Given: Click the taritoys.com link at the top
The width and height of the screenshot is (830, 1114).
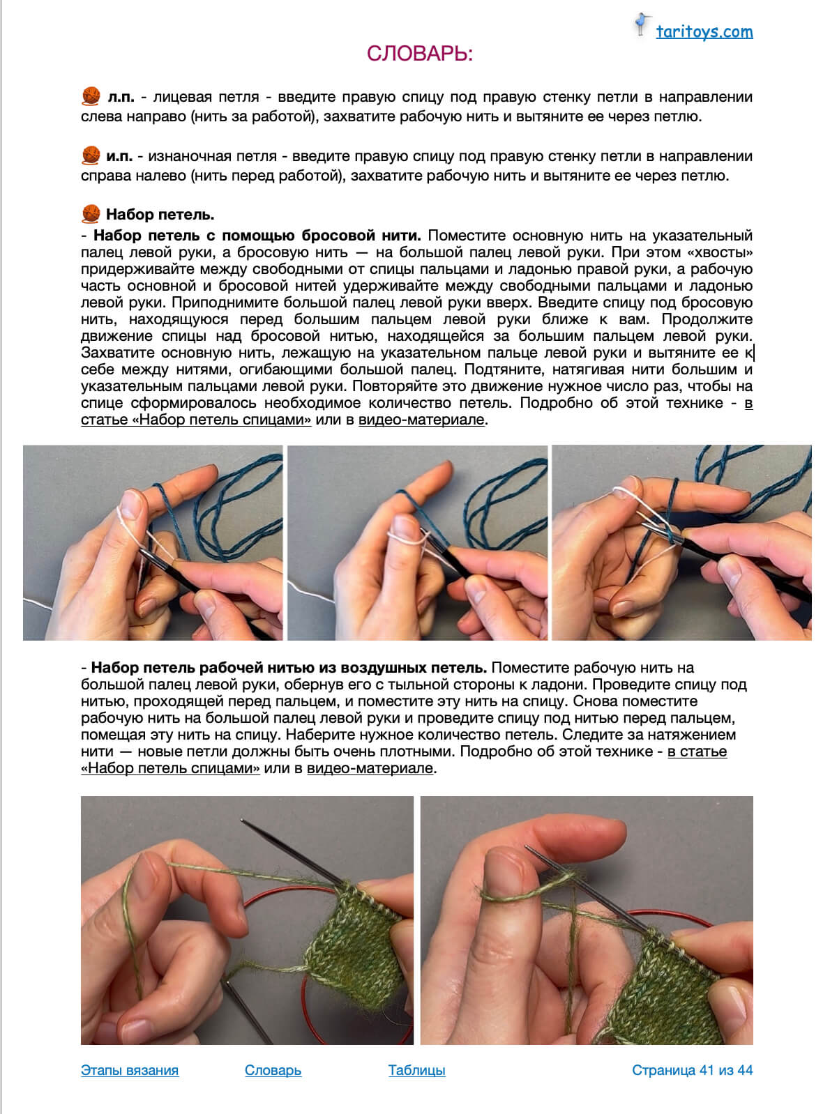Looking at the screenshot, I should point(704,31).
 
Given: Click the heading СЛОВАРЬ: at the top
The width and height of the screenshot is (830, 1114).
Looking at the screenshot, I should point(420,54).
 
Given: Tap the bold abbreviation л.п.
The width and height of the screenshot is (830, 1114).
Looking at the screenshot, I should point(121,97).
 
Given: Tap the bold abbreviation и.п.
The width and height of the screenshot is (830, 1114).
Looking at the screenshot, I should point(119,156).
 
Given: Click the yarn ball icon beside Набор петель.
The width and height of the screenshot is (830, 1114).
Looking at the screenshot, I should point(91,214).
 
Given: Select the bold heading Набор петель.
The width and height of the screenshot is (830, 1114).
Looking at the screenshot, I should point(160,215).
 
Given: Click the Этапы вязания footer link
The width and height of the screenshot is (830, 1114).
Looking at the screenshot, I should point(130,1070).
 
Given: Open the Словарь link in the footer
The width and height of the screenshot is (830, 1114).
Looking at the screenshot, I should point(273,1070).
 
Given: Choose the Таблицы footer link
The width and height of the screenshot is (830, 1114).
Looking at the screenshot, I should point(416,1070).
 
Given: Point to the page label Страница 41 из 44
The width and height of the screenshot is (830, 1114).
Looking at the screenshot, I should point(692,1070).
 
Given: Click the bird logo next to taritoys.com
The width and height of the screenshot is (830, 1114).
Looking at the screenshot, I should point(641,24).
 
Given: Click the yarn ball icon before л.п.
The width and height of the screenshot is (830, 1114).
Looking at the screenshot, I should point(91,96).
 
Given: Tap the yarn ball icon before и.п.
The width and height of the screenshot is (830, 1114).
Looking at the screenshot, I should point(91,155).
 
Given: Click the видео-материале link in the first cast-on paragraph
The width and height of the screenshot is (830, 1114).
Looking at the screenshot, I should point(421,420).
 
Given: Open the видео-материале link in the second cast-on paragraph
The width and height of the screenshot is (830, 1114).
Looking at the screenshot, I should point(370,768).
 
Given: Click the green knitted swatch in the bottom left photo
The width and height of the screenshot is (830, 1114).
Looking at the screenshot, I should point(356,941).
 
